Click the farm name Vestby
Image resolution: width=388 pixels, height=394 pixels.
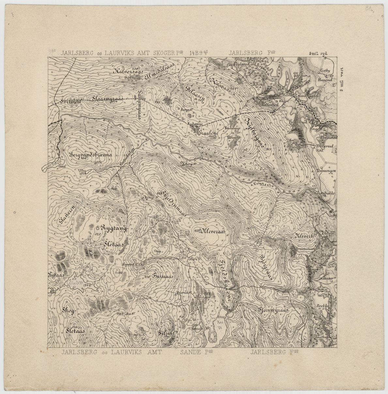tap(325, 70)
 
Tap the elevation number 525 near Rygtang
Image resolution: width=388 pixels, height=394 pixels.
tap(97, 234)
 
